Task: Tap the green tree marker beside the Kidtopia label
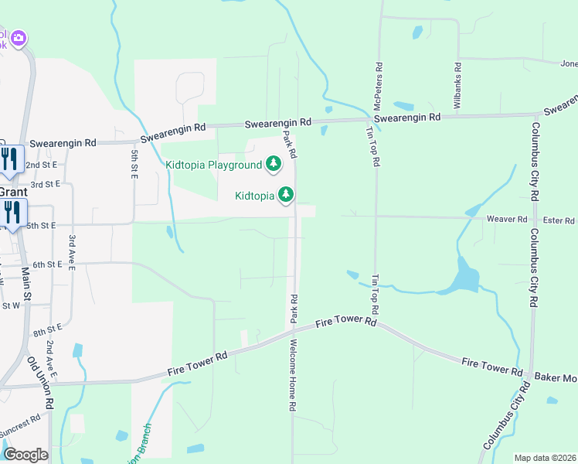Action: pyautogui.click(x=287, y=195)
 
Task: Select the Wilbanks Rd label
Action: pyautogui.click(x=457, y=85)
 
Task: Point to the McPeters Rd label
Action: pyautogui.click(x=378, y=85)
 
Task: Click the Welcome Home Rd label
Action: pyautogui.click(x=294, y=375)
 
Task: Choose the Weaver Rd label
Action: pyautogui.click(x=506, y=220)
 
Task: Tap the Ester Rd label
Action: pyautogui.click(x=558, y=220)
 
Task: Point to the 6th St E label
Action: pyautogui.click(x=45, y=264)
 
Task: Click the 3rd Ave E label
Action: pyautogui.click(x=71, y=253)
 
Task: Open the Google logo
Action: pyautogui.click(x=25, y=454)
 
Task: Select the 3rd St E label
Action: pyautogui.click(x=45, y=184)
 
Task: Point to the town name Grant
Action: pyautogui.click(x=12, y=192)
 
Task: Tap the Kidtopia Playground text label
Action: pyautogui.click(x=213, y=165)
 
